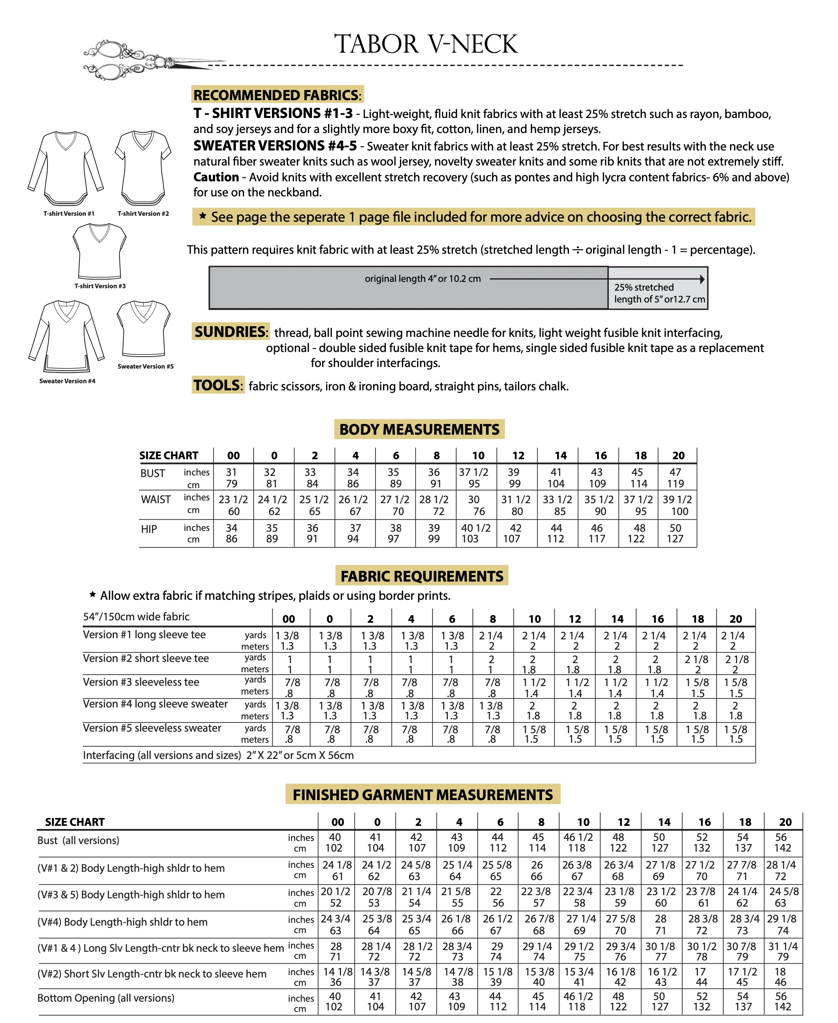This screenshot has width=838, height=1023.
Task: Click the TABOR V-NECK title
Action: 426,44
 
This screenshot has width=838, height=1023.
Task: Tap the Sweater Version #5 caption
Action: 145,366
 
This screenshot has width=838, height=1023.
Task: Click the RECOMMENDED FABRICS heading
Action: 277,95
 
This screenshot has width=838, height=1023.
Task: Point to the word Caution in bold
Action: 216,177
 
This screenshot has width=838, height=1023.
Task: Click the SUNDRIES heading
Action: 230,332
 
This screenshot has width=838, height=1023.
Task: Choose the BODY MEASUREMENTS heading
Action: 419,430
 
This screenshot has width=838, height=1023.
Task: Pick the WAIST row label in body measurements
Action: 155,499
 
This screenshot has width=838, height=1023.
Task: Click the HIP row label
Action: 149,529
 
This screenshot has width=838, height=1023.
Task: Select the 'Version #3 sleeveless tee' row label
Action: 140,682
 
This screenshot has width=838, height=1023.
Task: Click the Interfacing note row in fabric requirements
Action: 218,755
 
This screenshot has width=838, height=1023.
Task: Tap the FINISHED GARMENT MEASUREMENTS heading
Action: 423,795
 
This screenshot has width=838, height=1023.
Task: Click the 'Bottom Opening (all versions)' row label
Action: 106,998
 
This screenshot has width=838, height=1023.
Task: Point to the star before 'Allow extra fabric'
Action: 93,595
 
